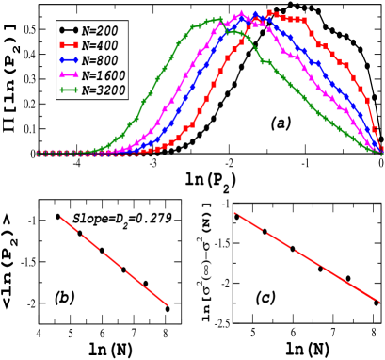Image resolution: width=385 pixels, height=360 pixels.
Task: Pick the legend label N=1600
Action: (x=103, y=75)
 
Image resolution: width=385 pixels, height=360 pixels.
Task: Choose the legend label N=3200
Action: (x=103, y=90)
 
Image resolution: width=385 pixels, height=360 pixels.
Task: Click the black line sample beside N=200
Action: (x=68, y=31)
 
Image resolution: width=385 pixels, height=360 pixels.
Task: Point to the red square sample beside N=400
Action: (x=68, y=45)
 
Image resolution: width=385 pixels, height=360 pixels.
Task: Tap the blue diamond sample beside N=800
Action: (x=68, y=60)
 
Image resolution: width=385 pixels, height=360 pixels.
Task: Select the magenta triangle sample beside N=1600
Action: (x=68, y=75)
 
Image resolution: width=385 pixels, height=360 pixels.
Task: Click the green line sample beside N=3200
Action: (x=68, y=90)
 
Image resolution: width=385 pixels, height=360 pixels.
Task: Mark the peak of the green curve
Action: (x=217, y=19)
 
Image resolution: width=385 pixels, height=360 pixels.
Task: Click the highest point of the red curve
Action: (x=269, y=13)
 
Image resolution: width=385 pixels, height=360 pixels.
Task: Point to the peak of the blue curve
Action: (x=255, y=14)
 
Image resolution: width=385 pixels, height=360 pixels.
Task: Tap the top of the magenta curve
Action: (x=241, y=13)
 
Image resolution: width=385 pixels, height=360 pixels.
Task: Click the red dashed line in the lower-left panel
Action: (x=114, y=261)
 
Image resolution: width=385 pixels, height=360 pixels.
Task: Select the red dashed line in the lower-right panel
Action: (x=306, y=257)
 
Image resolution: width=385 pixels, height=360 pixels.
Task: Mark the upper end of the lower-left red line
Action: (x=61, y=218)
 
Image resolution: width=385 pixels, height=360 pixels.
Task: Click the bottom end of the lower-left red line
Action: (x=168, y=304)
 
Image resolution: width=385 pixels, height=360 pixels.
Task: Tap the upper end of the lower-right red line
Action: (x=234, y=213)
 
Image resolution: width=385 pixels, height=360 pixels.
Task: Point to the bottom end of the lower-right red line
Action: (x=379, y=303)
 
